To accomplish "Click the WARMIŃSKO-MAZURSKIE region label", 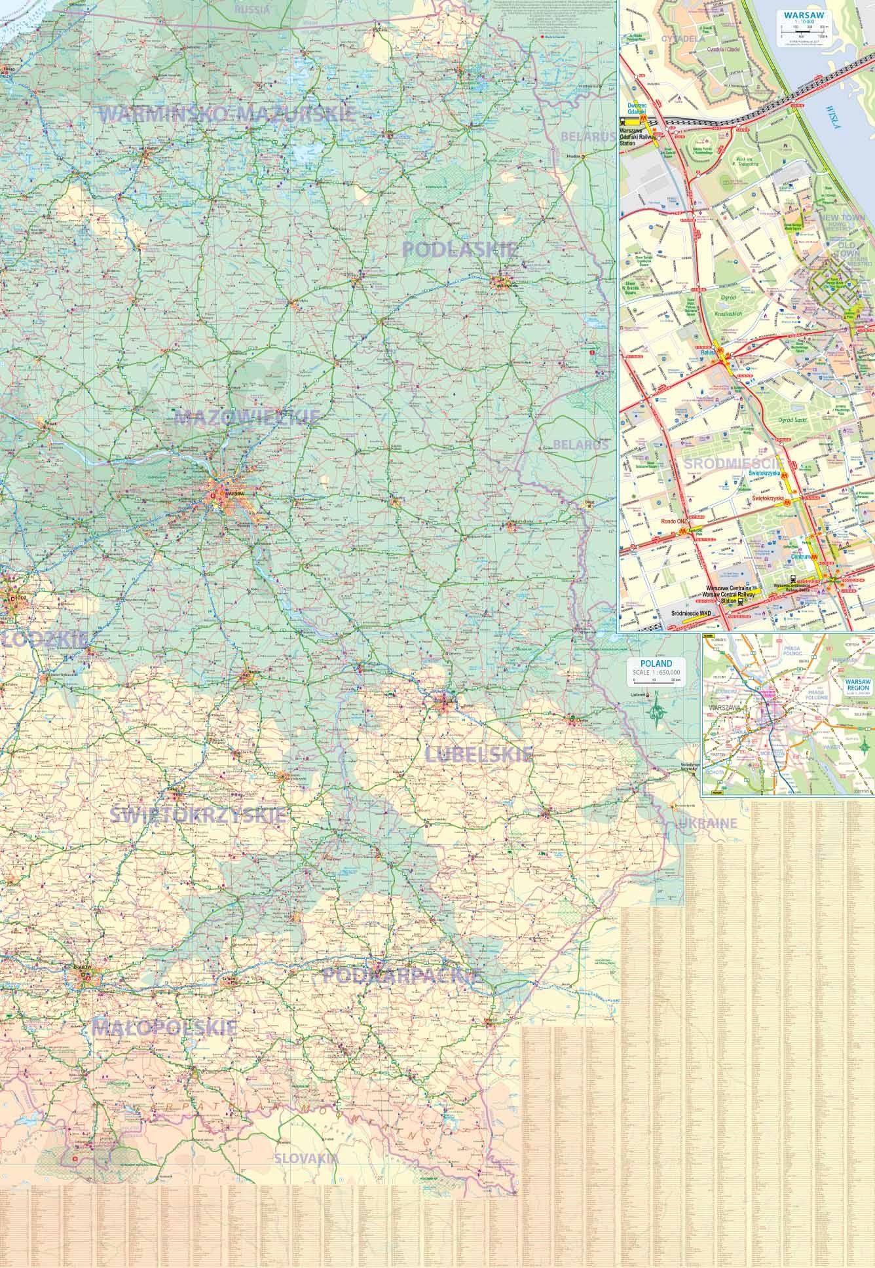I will pos(227,114).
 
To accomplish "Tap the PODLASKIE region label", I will pos(460,249).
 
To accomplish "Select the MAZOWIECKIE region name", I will pos(246,417).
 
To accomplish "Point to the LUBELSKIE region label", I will pos(479,754).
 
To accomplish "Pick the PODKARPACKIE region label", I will pos(403,977).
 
